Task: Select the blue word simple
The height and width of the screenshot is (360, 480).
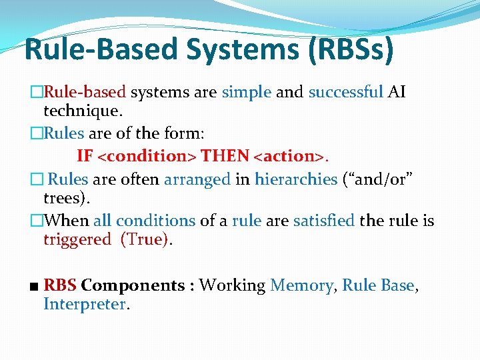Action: (246, 92)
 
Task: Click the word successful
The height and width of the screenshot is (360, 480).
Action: (345, 92)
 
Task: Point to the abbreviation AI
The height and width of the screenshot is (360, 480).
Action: (397, 92)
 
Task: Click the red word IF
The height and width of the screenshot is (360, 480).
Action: (85, 156)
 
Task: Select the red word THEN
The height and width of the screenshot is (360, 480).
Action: (225, 156)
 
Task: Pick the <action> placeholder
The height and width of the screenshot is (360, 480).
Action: (290, 156)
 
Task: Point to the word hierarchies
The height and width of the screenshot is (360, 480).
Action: (295, 179)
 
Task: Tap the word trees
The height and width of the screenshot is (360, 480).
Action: (65, 198)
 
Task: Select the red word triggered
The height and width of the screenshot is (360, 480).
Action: (77, 239)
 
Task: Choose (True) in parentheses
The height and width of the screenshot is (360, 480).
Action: (145, 239)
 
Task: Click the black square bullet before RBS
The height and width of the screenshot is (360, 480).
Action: (35, 287)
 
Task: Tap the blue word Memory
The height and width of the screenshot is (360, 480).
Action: (301, 285)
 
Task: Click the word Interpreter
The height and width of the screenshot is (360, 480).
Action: (85, 305)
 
